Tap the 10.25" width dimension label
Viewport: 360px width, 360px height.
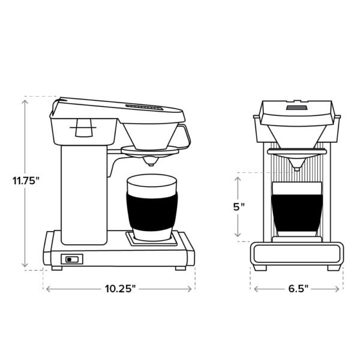click(x=121, y=289)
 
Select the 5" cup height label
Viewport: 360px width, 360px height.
click(x=239, y=206)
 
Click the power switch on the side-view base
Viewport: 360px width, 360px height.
click(x=71, y=259)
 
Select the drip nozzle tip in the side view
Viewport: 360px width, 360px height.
click(x=150, y=161)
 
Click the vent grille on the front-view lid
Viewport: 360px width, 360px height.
click(x=296, y=107)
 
